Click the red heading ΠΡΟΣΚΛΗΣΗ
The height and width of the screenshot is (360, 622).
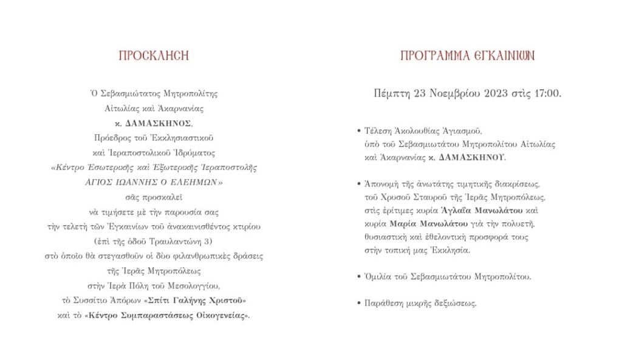click(x=153, y=56)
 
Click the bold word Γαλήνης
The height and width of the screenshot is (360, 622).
click(x=202, y=301)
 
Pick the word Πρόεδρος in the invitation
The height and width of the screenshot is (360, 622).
click(x=112, y=138)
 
